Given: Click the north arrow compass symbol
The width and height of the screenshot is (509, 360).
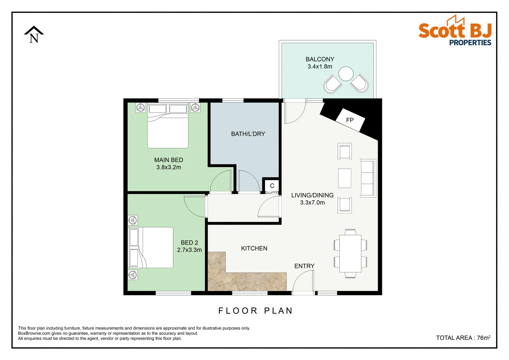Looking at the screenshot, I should point(34,35).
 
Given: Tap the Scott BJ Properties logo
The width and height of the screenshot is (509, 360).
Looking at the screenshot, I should point(455,31).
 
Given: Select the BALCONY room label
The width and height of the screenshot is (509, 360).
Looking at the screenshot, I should point(320,59).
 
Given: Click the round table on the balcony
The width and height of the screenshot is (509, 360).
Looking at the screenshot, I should point(346,74).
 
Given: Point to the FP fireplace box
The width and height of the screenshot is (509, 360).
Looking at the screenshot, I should point(350,120).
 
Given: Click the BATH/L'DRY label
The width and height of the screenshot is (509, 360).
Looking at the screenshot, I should point(248,134).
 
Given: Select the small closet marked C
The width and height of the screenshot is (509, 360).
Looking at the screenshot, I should point(272,186).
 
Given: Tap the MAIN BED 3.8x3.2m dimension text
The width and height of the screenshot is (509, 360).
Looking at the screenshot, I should point(169,167).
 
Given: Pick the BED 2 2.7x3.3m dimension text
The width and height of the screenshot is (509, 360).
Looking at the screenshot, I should point(189,250).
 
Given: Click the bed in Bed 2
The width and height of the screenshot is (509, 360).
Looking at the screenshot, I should point(151,247).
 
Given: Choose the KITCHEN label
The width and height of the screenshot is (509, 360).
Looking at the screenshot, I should point(254,248).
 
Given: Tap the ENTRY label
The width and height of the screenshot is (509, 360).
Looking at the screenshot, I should point(304,266).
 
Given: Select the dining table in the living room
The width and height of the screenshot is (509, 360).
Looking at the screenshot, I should point(350,253).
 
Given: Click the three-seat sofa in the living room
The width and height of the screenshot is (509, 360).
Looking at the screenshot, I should point(368,178).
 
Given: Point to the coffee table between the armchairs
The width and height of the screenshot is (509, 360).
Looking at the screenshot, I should point(345,178).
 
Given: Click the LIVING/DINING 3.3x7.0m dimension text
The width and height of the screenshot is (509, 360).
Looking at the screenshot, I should point(312,203).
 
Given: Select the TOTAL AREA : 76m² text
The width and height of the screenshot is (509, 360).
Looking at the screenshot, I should point(463,338).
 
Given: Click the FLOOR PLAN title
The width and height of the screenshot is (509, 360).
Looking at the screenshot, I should point(255,311).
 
